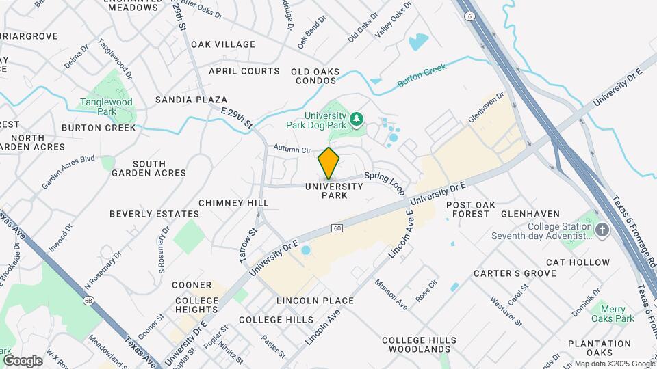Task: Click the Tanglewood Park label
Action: (x=106, y=107)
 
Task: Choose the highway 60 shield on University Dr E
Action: (x=337, y=227)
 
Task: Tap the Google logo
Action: (x=23, y=360)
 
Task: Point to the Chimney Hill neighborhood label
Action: (x=233, y=203)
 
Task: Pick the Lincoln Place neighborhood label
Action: (x=315, y=301)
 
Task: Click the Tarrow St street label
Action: (x=248, y=245)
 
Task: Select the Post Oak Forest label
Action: (x=469, y=209)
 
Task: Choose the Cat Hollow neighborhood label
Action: (x=578, y=262)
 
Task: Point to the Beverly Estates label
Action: (x=154, y=214)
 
